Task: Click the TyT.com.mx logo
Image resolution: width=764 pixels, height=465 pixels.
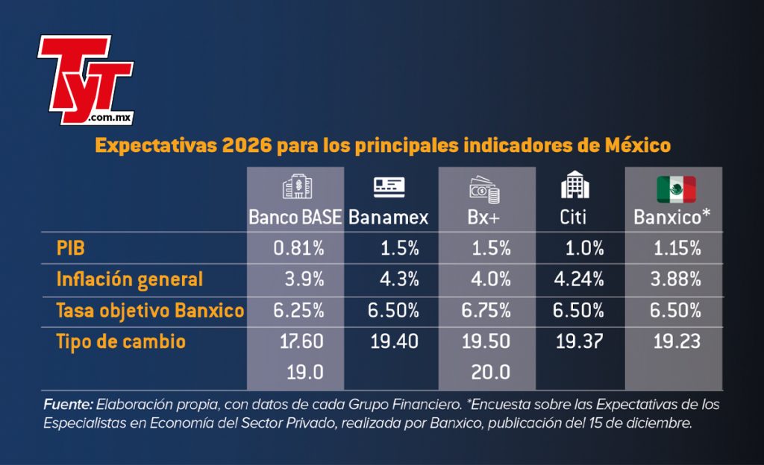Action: pos(85,80)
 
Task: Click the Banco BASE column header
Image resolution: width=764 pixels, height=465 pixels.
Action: pos(295,217)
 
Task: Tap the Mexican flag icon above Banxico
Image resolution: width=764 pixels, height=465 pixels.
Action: pos(676,189)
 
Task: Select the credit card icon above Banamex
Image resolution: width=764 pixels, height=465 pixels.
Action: pos(389,187)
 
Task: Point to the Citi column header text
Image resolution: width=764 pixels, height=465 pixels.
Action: pos(573,217)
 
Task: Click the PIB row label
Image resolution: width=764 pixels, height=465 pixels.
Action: pos(71,248)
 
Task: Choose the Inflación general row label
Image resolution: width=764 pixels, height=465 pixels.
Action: pos(130,279)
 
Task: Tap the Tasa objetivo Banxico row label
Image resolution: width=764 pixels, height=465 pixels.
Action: pos(150,310)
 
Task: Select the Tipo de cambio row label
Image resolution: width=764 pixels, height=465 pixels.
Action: pos(121,341)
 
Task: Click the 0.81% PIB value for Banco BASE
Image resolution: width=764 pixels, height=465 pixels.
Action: pos(298,248)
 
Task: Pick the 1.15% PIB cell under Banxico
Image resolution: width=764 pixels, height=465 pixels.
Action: pos(677,248)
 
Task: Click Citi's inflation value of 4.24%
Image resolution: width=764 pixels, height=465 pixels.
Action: pos(579,279)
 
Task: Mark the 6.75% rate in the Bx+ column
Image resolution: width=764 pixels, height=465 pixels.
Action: pos(486,310)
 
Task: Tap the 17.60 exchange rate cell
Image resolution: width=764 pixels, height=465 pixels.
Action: pos(301,341)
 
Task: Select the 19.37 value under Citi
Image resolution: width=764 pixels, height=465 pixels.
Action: pos(579,341)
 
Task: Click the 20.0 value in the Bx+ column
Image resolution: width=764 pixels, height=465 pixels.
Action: pos(491,373)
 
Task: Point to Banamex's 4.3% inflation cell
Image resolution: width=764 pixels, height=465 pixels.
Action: pos(400,279)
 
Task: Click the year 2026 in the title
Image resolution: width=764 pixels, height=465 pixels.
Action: pos(246,145)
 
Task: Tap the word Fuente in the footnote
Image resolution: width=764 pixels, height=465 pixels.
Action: pos(68,404)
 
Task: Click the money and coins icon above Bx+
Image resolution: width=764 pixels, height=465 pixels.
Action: pos(484,189)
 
